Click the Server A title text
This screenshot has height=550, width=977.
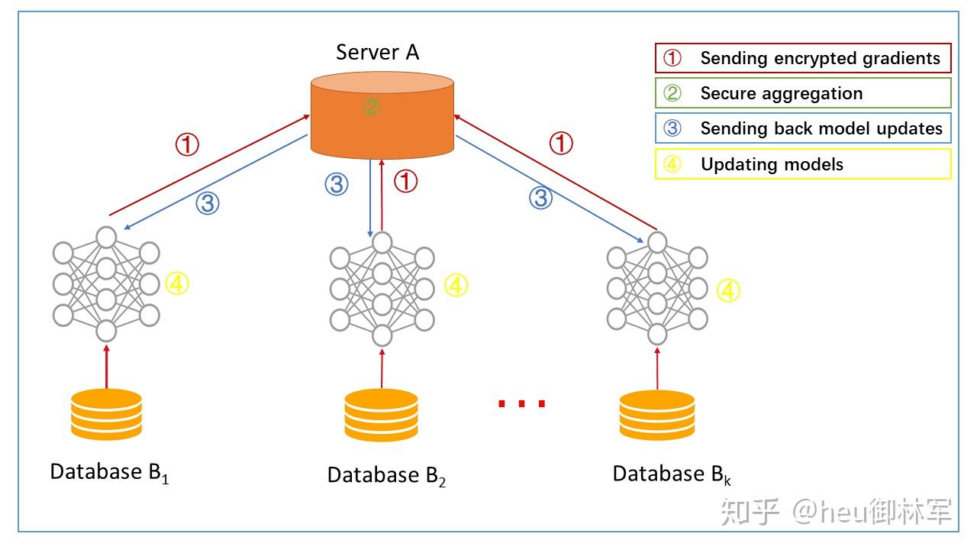click(x=377, y=52)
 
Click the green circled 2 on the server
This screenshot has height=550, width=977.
click(x=372, y=106)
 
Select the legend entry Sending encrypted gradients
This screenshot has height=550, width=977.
click(x=803, y=58)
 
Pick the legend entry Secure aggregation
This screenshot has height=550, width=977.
click(x=803, y=93)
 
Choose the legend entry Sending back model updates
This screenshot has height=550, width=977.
click(x=803, y=128)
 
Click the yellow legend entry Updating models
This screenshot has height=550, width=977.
click(x=803, y=163)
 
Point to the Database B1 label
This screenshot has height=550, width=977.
click(x=109, y=472)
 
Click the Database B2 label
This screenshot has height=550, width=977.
click(x=386, y=475)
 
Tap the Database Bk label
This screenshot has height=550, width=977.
click(x=672, y=474)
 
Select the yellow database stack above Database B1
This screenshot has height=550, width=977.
click(x=106, y=414)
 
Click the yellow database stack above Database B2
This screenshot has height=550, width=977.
click(x=381, y=415)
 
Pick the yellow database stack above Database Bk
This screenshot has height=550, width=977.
click(x=657, y=415)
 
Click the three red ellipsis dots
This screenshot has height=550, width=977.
click(x=522, y=403)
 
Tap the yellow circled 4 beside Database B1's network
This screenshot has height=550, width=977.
click(x=177, y=284)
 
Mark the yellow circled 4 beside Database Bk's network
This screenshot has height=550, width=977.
click(x=729, y=290)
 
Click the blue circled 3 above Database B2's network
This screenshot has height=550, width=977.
click(x=337, y=183)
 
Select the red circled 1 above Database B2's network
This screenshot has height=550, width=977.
click(x=406, y=182)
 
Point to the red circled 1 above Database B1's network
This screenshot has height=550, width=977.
click(x=187, y=144)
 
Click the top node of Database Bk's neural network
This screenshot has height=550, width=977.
click(x=657, y=242)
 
